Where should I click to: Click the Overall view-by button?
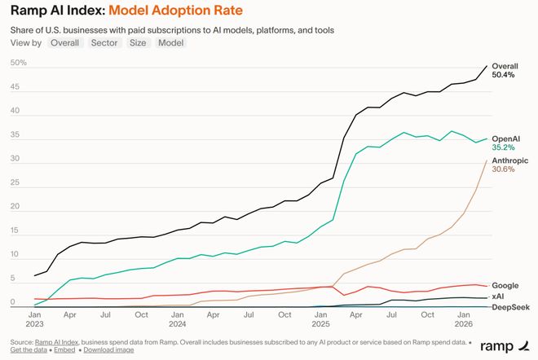[x=64, y=42]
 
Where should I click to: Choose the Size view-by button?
[x=137, y=42]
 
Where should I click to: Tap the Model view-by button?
[x=171, y=42]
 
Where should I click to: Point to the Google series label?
[x=505, y=286]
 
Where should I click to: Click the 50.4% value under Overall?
[x=503, y=75]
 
